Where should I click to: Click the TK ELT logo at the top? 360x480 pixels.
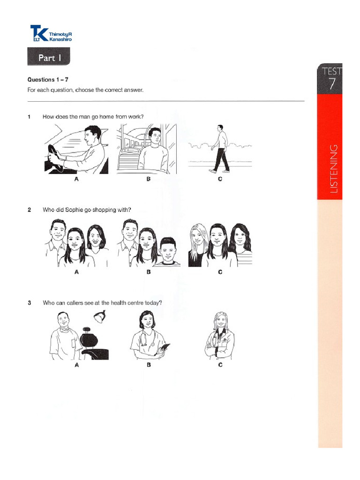point(51,35)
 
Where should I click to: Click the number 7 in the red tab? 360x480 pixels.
point(331,85)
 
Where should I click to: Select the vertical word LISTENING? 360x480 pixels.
point(333,169)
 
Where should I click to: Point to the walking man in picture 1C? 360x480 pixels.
point(220,148)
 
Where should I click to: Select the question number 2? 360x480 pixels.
point(29,210)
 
